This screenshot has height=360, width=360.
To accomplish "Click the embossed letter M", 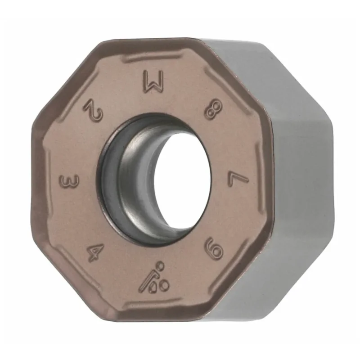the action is pos(154,82).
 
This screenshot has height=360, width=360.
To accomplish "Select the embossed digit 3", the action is pos(69,181).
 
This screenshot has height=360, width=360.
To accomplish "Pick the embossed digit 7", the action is pos(238,179).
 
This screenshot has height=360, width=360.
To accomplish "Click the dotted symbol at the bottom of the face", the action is pos(154,278).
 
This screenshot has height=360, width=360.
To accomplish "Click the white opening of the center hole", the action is pos(182,181).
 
